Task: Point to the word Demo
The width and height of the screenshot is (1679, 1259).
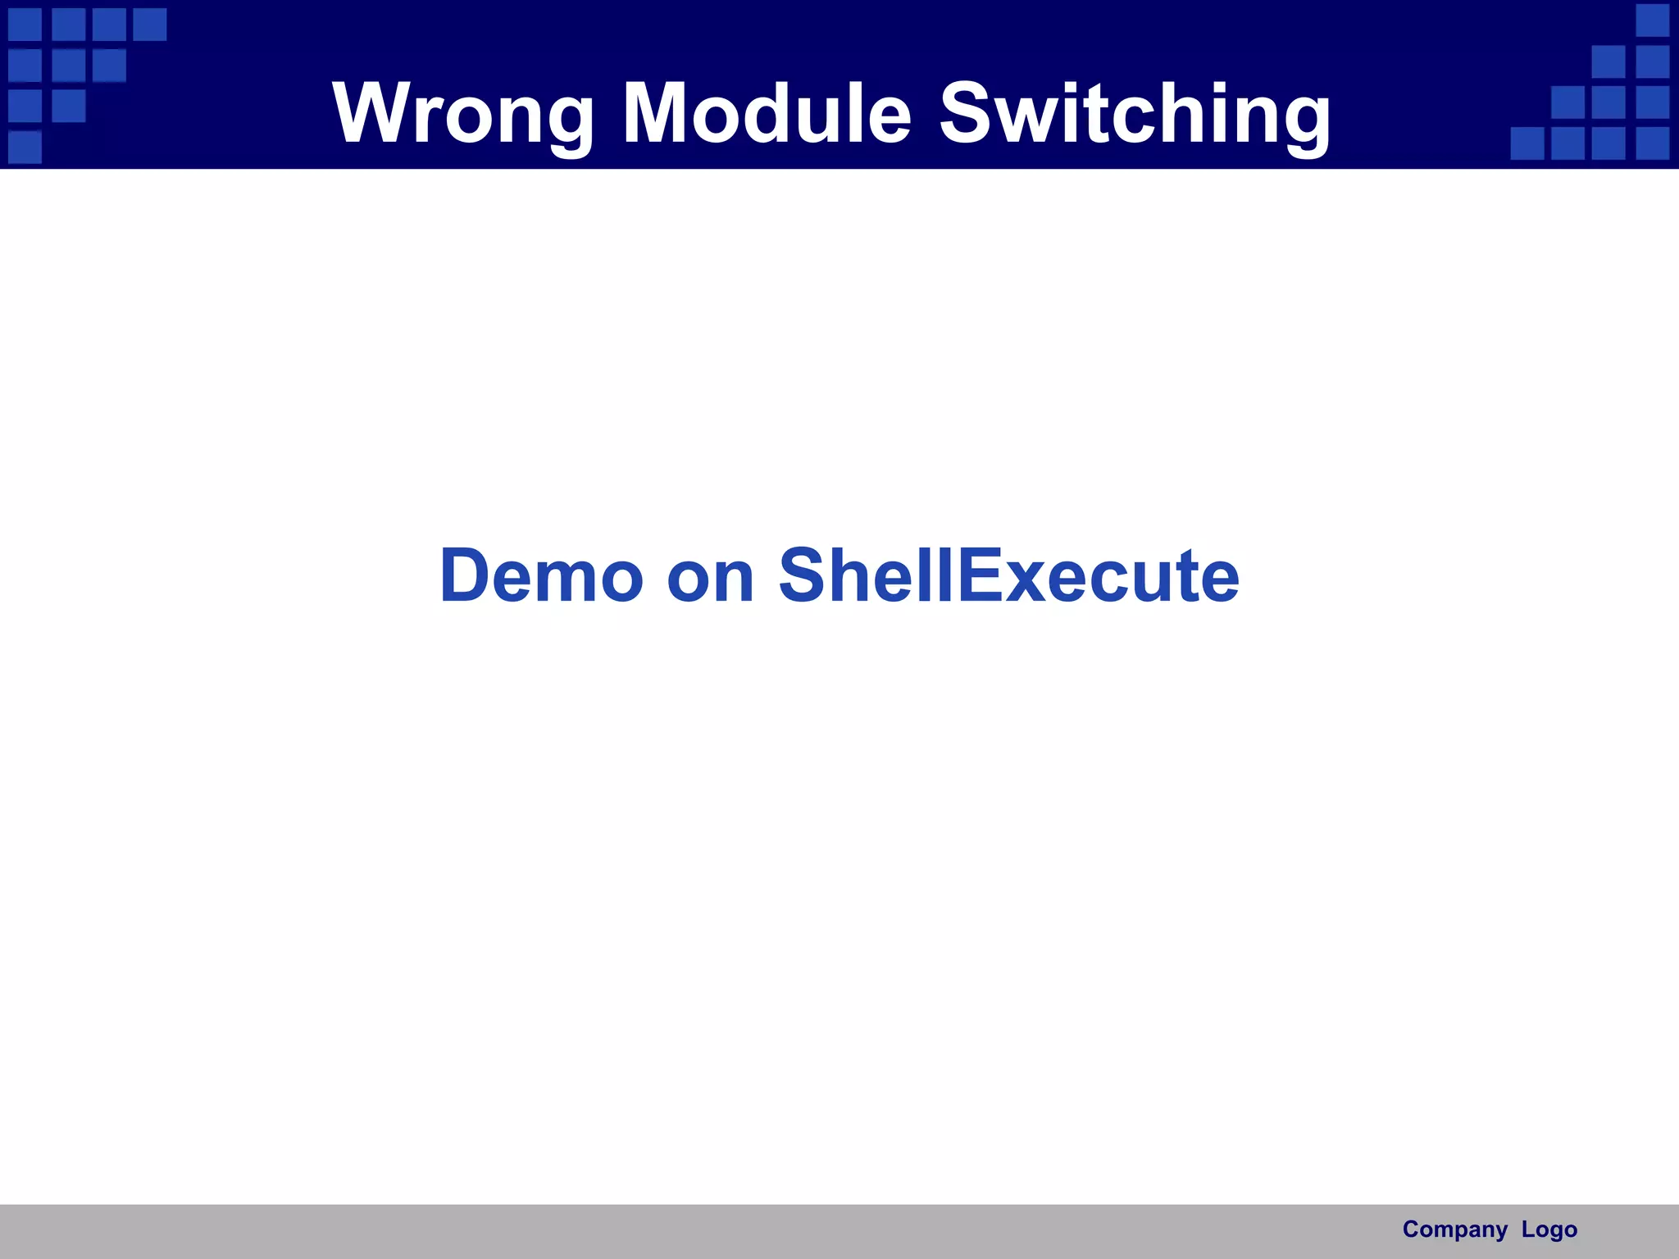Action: tap(541, 575)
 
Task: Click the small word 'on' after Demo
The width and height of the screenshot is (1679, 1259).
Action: tap(710, 577)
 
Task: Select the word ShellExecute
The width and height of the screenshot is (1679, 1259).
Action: tap(1008, 575)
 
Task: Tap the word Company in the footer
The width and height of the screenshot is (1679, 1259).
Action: tap(1454, 1229)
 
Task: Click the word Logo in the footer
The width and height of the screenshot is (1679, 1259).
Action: tap(1549, 1229)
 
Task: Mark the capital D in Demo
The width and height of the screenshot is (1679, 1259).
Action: tap(471, 575)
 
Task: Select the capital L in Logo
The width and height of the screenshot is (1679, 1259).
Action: tap(1528, 1229)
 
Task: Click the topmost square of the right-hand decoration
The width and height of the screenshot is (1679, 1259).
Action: tap(1653, 20)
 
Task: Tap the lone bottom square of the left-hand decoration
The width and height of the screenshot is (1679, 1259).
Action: tap(25, 147)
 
